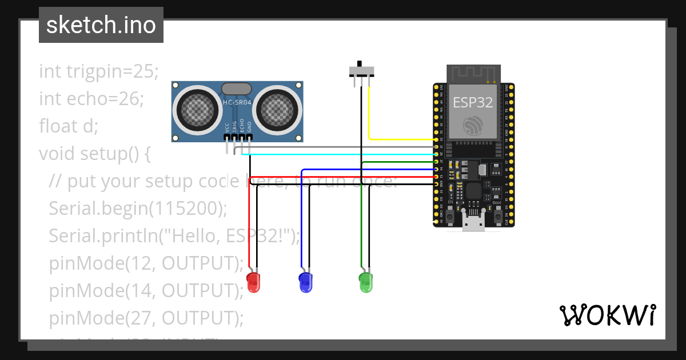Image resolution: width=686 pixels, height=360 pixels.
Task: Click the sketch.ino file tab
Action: coord(101,25)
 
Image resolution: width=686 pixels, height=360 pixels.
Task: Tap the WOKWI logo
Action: coord(607,315)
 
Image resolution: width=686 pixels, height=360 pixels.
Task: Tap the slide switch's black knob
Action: coord(360,63)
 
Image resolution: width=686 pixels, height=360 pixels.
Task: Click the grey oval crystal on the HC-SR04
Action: coord(236,88)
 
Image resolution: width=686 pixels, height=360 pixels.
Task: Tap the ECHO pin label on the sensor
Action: coord(242,126)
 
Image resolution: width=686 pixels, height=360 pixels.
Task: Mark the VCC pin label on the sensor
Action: coord(227,127)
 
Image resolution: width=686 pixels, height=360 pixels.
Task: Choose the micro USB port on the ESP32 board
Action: coord(473,223)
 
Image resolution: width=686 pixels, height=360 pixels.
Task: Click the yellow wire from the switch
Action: coord(400,139)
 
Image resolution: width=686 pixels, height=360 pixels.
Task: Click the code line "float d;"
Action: coord(69,126)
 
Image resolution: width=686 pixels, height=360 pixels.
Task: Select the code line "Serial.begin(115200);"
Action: coord(138,209)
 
